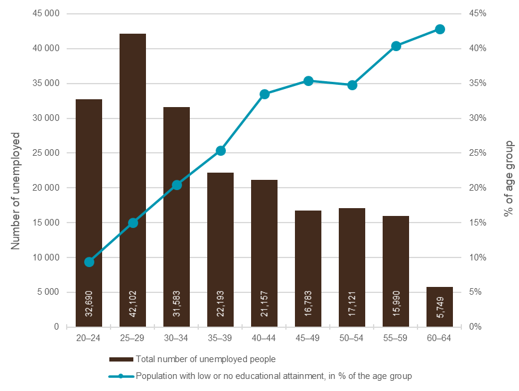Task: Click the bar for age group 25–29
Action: tap(133, 180)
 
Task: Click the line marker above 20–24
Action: tap(90, 262)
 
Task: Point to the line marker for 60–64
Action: tap(440, 29)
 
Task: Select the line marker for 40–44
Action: tap(264, 94)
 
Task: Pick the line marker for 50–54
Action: tap(352, 85)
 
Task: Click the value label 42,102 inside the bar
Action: tap(133, 304)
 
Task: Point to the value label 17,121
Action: tap(352, 304)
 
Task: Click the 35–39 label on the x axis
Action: tap(220, 338)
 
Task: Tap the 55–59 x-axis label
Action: tap(396, 338)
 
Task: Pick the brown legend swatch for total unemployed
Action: tap(121, 360)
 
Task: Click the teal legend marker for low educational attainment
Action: tap(121, 377)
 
